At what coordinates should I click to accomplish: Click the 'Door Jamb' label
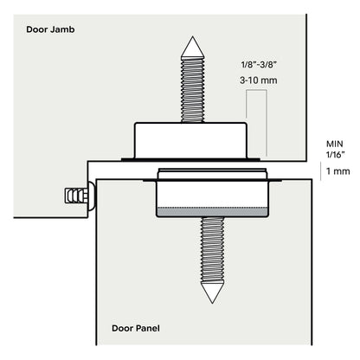[x=50, y=29]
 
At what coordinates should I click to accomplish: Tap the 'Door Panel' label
[x=136, y=328]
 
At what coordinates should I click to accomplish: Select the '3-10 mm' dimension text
[x=259, y=80]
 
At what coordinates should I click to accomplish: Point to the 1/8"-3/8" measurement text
[x=259, y=65]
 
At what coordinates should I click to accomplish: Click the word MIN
[x=335, y=144]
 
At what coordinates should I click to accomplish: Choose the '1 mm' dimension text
[x=338, y=171]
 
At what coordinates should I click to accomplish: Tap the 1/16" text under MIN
[x=336, y=155]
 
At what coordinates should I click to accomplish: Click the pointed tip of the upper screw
[x=192, y=36]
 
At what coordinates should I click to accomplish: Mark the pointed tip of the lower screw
[x=212, y=303]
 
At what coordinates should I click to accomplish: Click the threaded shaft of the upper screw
[x=192, y=89]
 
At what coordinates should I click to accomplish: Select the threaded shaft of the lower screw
[x=212, y=250]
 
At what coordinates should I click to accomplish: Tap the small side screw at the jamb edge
[x=76, y=196]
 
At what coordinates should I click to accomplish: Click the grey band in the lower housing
[x=212, y=211]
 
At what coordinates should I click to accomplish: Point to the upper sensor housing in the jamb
[x=190, y=140]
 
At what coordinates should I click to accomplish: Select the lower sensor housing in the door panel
[x=212, y=198]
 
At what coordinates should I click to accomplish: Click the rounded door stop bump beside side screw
[x=92, y=196]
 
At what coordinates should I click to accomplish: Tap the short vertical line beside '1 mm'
[x=321, y=171]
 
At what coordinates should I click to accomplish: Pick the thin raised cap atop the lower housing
[x=212, y=173]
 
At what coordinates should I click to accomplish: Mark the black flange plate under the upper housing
[x=190, y=159]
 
